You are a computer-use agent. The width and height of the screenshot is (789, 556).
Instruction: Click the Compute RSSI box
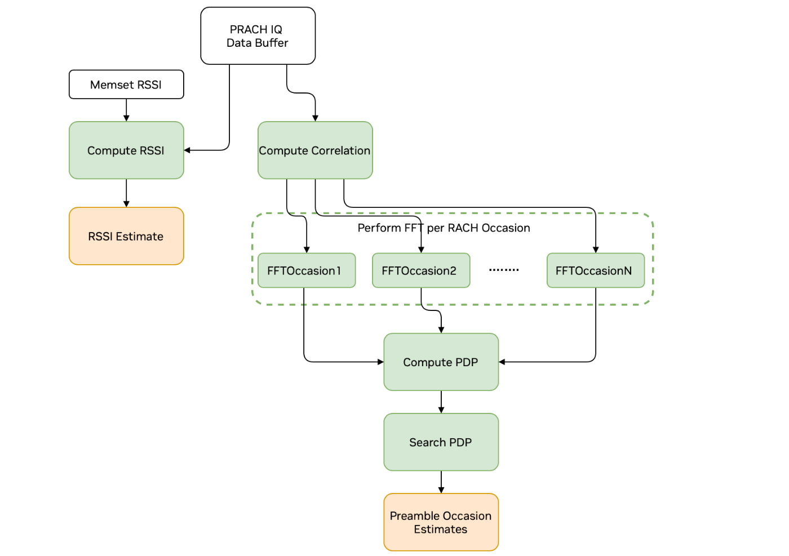[126, 150]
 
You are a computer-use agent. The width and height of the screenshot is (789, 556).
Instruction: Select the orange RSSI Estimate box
[126, 236]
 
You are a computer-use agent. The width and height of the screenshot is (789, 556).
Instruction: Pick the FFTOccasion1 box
[306, 270]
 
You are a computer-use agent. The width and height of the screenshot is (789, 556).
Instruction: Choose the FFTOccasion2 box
[420, 270]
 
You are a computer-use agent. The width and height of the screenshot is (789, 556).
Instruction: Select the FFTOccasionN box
[595, 270]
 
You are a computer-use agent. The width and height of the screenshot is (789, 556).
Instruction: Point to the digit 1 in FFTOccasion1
[338, 271]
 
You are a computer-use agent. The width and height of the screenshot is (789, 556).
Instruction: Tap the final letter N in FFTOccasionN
[627, 271]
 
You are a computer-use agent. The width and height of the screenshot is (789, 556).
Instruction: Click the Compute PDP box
[441, 362]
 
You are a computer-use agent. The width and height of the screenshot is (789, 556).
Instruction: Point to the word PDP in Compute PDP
[467, 362]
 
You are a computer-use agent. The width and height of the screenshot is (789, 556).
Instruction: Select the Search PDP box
[441, 442]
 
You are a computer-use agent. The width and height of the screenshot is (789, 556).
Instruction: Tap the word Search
[427, 442]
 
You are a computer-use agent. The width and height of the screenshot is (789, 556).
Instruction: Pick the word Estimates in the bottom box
[440, 530]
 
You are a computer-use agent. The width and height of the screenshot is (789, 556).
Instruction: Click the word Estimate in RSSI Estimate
[139, 237]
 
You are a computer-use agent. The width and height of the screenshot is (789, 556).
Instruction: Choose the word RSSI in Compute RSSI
[150, 150]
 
